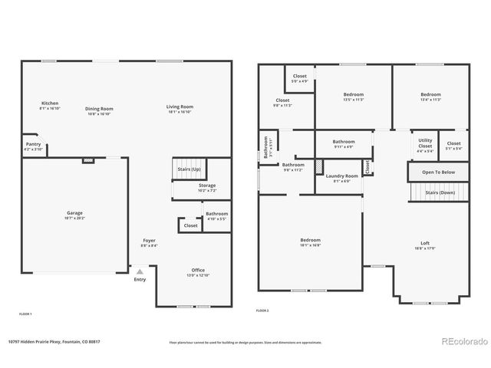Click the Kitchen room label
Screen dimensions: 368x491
(49, 104)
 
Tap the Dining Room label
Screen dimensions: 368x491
(99, 109)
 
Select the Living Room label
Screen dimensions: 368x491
(180, 107)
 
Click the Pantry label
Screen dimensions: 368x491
(33, 144)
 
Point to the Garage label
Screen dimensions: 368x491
(74, 213)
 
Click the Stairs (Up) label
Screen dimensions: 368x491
(189, 168)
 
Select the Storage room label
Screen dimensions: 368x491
(207, 186)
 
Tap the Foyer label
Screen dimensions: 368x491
(149, 241)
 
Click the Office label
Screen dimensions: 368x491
(198, 271)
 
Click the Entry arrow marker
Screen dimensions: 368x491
(139, 271)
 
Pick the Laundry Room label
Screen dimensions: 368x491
(342, 176)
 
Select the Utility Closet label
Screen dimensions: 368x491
(425, 143)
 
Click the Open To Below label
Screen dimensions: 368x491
(437, 172)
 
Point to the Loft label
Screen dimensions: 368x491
(424, 243)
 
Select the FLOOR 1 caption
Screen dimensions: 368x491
(25, 314)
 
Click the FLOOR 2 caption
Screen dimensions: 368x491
(262, 310)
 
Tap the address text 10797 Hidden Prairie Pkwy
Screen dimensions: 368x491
(54, 342)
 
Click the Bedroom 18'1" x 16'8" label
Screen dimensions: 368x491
(310, 240)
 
